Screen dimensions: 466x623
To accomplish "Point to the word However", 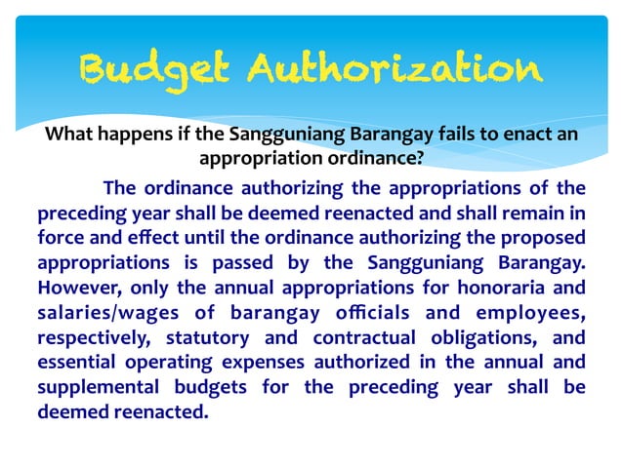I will click(x=76, y=289).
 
